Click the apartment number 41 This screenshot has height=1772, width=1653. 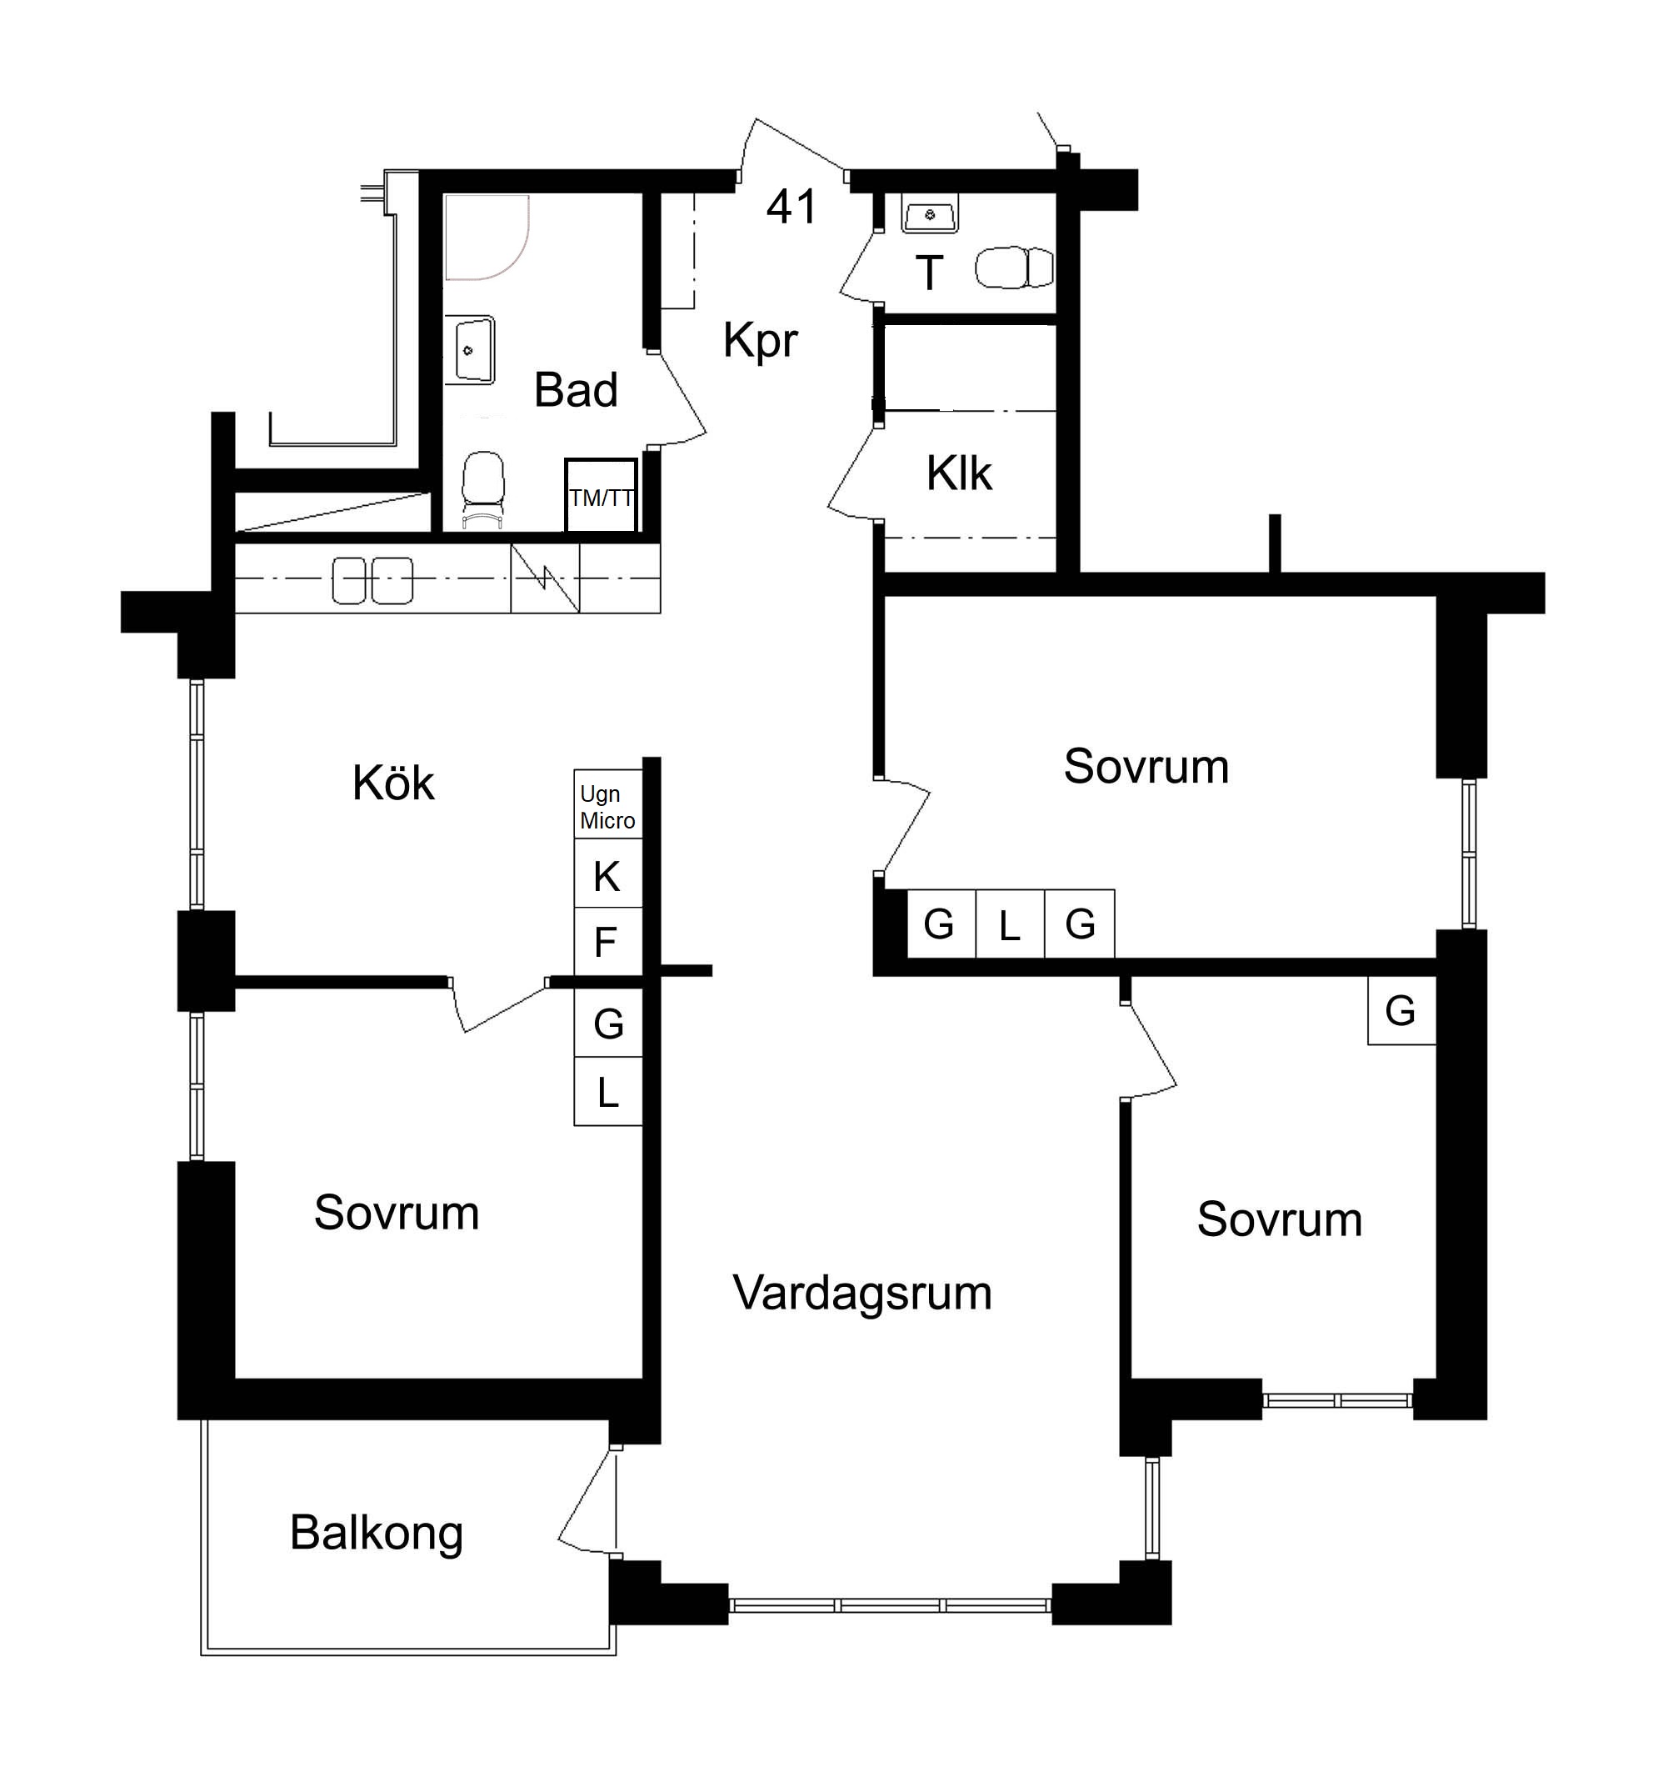point(792,207)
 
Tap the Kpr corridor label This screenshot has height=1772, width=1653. point(760,339)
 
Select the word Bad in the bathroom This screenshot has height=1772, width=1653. point(576,389)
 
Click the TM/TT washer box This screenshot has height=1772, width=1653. point(602,496)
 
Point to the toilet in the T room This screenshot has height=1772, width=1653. point(1014,268)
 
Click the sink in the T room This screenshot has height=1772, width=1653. point(930,214)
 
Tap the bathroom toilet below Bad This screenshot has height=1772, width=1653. point(483,489)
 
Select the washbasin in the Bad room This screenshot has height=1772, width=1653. point(470,349)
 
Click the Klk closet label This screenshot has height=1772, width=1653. point(959,473)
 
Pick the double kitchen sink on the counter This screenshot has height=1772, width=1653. point(372,580)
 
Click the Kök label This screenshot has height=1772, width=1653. point(393,783)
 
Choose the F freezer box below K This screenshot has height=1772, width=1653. point(607,941)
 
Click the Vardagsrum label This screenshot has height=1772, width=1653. point(861,1293)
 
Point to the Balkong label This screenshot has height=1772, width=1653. point(376,1533)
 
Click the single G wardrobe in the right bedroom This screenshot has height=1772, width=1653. point(1401,1010)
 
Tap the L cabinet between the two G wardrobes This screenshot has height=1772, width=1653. point(1010,924)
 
